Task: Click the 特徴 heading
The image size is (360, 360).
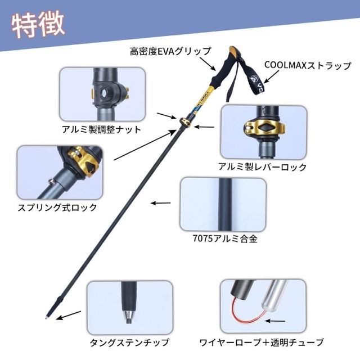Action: point(38,25)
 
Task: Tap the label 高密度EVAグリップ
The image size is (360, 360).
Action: point(170,51)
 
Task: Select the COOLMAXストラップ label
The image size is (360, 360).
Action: point(308,65)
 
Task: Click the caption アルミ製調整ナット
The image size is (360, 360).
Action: point(101,130)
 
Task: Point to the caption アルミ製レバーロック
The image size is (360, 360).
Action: point(263,166)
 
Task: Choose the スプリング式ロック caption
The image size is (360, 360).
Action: point(57,208)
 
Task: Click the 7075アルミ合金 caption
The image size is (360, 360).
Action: point(225,238)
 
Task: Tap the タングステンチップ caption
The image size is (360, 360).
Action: point(129,343)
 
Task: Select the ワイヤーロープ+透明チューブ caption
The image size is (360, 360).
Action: point(262,343)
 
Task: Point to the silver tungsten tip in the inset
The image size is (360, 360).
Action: point(129,317)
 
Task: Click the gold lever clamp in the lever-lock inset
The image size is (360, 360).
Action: point(264,127)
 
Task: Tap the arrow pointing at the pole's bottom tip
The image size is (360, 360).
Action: point(69,315)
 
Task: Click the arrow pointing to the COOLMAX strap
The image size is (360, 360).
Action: point(272,76)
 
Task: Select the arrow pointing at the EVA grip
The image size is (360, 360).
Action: point(208,64)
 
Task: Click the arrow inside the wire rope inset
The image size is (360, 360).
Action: point(275,321)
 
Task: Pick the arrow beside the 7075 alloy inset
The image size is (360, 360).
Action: point(161,203)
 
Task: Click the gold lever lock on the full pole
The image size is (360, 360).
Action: point(185,121)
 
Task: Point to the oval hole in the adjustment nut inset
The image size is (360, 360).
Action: point(104,93)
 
